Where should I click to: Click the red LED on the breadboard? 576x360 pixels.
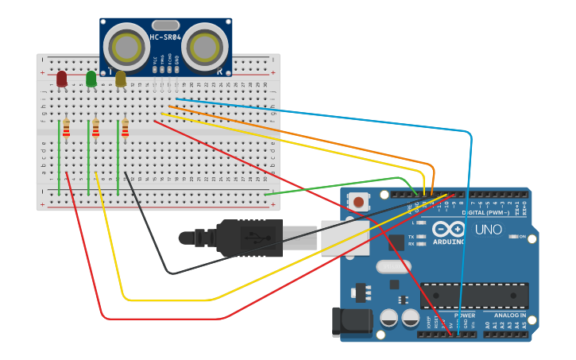(x=62, y=78)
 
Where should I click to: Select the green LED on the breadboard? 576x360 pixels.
(x=91, y=78)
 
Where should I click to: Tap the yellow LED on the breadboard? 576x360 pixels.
(x=121, y=78)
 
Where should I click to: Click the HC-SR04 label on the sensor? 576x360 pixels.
(x=165, y=37)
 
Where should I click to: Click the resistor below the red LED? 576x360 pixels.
(x=67, y=128)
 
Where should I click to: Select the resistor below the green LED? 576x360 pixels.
(x=96, y=128)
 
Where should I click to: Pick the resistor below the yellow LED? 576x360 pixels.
(x=125, y=128)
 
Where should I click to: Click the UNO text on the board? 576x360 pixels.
(x=488, y=230)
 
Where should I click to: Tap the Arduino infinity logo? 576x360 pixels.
(x=450, y=229)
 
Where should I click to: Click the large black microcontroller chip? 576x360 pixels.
(x=474, y=296)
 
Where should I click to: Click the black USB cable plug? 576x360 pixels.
(x=250, y=238)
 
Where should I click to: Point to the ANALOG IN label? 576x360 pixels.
(x=505, y=315)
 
